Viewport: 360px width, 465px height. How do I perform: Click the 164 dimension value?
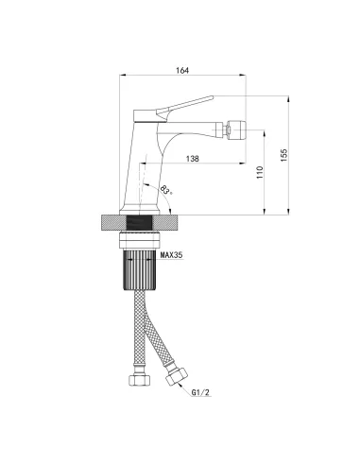pos(182,70)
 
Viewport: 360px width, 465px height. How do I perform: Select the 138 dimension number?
pos(193,159)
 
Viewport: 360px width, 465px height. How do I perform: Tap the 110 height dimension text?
pos(260,173)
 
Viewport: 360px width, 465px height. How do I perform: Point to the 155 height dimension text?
pos(284,155)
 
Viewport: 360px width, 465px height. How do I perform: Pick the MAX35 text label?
pos(172,255)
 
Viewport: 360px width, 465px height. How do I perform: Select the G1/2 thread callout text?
pos(200,392)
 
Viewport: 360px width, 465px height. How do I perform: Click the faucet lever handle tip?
pos(212,97)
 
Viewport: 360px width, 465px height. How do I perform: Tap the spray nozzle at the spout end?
pos(237,129)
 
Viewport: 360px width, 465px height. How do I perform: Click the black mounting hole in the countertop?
pos(140,223)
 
